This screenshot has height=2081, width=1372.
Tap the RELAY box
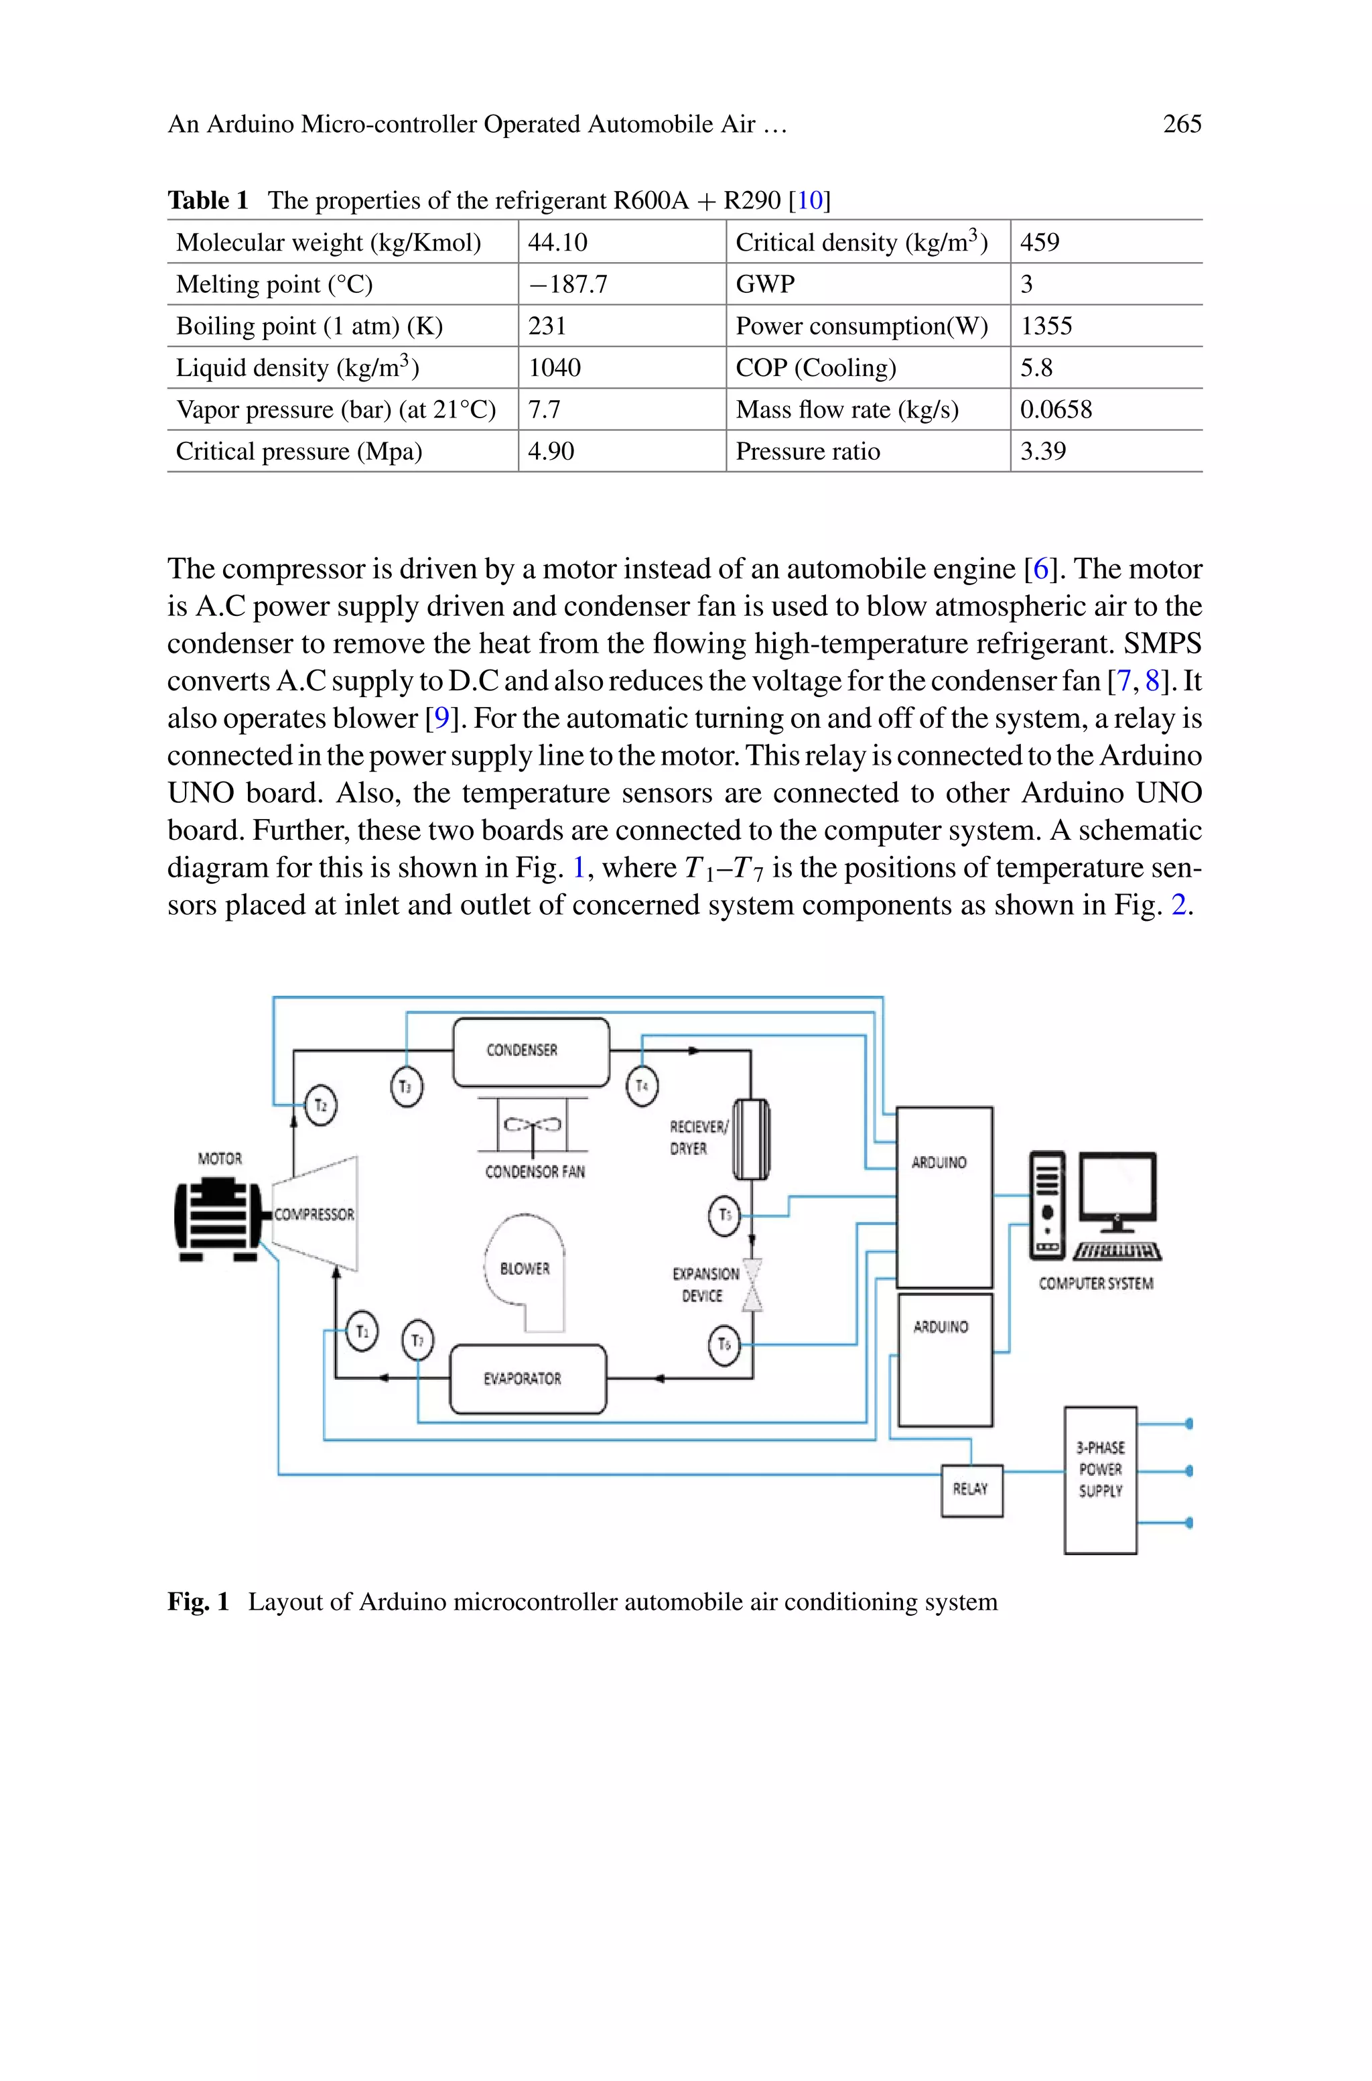coord(971,1489)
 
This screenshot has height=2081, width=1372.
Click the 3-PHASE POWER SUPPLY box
coord(1100,1480)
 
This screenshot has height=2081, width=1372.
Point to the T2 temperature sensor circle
coord(320,1105)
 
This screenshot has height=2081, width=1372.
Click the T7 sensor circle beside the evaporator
coord(417,1340)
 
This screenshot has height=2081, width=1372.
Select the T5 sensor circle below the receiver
coord(724,1216)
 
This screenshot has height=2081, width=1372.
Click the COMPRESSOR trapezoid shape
coord(315,1214)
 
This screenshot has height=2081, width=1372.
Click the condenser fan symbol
coord(532,1125)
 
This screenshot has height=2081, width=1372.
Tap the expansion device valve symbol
coord(752,1285)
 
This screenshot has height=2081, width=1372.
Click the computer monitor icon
coord(1117,1188)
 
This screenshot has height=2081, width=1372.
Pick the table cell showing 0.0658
coord(1056,409)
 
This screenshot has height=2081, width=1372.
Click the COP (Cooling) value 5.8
coord(1037,367)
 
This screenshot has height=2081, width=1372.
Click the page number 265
coord(1181,124)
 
